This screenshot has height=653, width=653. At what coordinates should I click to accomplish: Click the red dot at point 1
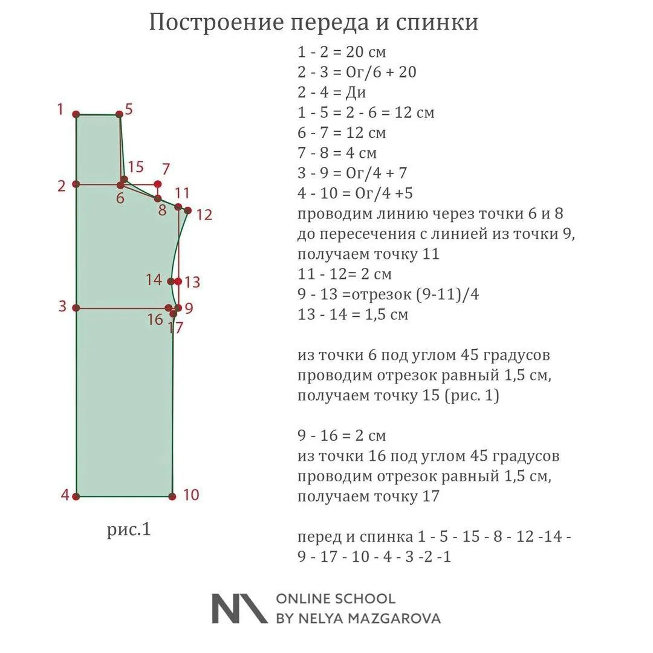pos(76,114)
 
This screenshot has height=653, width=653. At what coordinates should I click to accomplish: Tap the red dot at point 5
pos(119,114)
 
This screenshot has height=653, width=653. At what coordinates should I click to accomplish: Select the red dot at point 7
pos(158,184)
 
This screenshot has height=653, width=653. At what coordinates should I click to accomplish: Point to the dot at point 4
pos(76,496)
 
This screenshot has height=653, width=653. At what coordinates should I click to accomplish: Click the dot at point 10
pos(172,496)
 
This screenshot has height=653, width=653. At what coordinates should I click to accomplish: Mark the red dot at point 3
pos(76,308)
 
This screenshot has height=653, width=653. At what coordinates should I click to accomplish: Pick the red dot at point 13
pos(178,281)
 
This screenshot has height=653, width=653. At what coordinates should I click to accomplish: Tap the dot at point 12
pos(187,210)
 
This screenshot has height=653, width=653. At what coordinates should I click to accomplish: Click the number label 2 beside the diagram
pos(61,186)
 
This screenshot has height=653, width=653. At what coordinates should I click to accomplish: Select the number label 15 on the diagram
pos(136,167)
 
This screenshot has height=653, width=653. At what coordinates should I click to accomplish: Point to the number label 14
pos(154,279)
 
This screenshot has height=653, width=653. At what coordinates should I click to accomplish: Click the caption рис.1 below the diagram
pos(129,530)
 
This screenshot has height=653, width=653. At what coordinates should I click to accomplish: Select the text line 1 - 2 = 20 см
pos(342,52)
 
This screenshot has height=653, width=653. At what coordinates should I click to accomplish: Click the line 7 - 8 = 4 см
pos(337,152)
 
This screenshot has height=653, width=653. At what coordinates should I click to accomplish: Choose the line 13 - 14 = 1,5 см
pos(352,314)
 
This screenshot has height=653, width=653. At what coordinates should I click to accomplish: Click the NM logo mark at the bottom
pos(239,608)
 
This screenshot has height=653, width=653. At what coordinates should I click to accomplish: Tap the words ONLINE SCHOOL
pos(336,599)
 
